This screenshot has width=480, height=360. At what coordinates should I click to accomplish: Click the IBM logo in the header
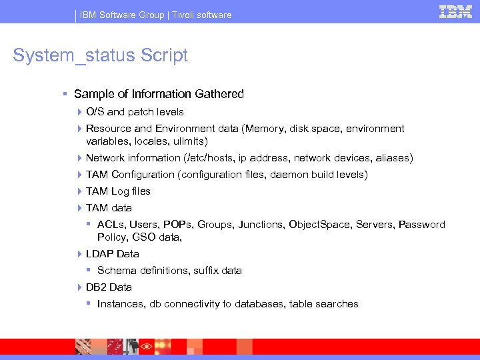pyautogui.click(x=456, y=12)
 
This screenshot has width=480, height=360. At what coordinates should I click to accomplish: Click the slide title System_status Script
pyautogui.click(x=101, y=55)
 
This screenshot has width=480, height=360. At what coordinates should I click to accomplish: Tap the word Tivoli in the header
pyautogui.click(x=186, y=15)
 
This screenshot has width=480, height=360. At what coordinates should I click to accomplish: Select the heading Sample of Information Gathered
pyautogui.click(x=159, y=94)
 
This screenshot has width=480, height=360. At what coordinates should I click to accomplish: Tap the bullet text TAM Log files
pyautogui.click(x=118, y=191)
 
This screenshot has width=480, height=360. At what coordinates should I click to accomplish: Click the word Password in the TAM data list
pyautogui.click(x=421, y=225)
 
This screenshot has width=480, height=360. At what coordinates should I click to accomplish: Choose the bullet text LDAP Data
pyautogui.click(x=112, y=254)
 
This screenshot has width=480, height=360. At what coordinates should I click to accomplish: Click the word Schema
pyautogui.click(x=115, y=271)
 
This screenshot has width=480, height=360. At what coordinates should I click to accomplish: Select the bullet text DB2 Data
pyautogui.click(x=109, y=287)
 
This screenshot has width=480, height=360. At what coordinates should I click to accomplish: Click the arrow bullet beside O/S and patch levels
pyautogui.click(x=79, y=112)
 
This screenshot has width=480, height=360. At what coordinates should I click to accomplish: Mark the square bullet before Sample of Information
pyautogui.click(x=64, y=94)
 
